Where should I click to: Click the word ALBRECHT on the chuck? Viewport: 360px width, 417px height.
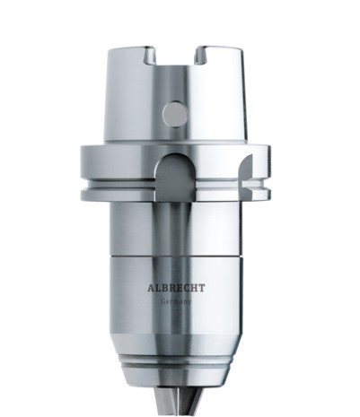click(x=176, y=288)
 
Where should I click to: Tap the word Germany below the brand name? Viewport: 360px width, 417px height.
click(x=176, y=301)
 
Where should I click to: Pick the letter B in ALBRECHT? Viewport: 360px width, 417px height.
click(x=165, y=288)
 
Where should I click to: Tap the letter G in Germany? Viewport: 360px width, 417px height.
click(x=163, y=301)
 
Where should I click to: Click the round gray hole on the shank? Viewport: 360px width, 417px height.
click(x=175, y=114)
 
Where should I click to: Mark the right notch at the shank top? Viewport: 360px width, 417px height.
click(x=203, y=56)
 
